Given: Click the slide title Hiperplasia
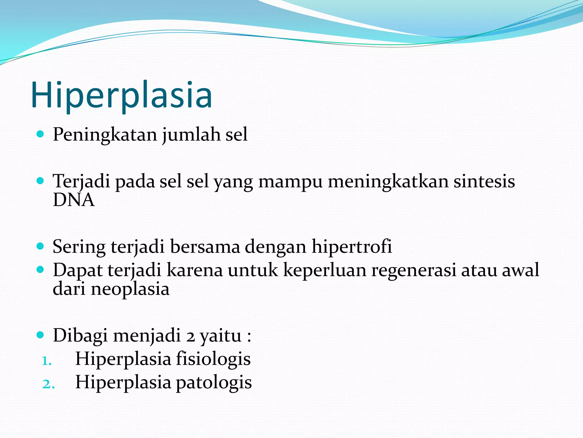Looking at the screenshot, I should pos(122,96).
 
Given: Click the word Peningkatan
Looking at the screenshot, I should pos(105,134).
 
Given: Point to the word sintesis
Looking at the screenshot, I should pos(484,181).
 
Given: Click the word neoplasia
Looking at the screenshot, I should pos(130,289).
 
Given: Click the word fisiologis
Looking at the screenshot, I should pos(213,359).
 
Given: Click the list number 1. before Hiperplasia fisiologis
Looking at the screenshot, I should pos(47,361).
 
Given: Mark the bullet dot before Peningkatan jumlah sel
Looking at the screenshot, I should pos(40,134).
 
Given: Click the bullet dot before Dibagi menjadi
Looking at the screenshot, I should pos(40,335).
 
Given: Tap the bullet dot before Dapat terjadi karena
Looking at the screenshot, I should pos(40,269).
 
